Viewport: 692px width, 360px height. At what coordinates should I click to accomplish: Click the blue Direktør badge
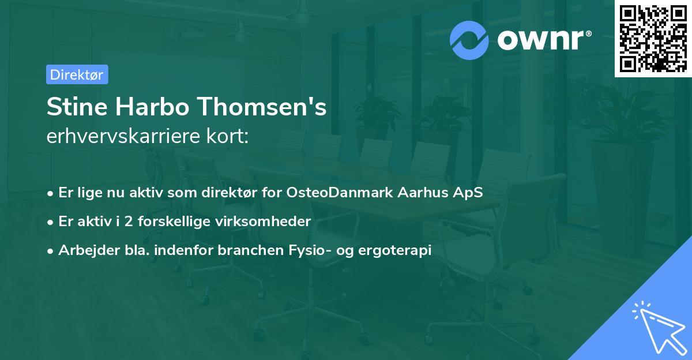(77, 74)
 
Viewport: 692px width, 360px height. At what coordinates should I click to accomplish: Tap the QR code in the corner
(653, 38)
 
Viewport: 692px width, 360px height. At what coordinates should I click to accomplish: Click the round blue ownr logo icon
(469, 40)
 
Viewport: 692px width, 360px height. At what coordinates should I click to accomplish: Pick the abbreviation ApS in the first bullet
(470, 192)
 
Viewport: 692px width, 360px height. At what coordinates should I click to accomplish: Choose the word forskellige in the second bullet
(175, 222)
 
